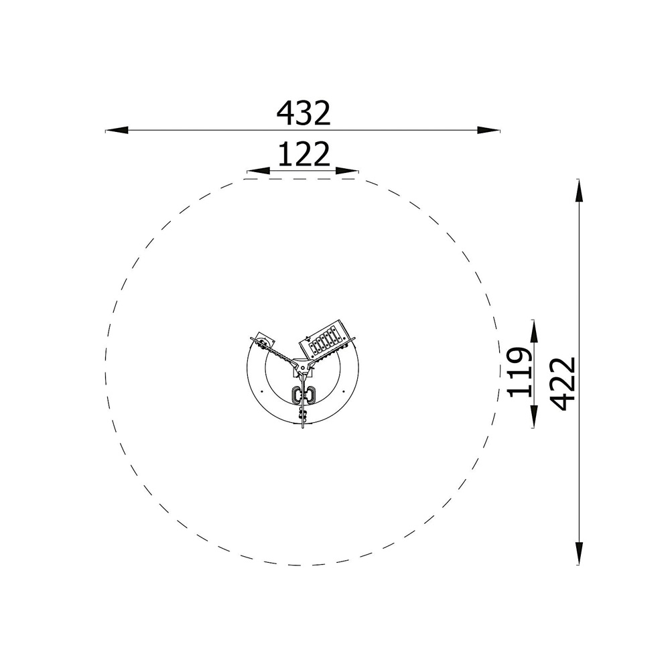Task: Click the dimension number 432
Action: coord(304,113)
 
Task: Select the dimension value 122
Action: coord(304,154)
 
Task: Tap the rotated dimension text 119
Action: coord(520,372)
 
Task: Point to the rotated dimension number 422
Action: coord(563,384)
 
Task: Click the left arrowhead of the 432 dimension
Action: coord(117,130)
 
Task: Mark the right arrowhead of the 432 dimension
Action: coord(488,130)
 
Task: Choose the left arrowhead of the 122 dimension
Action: coord(258,172)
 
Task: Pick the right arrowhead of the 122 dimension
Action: coord(347,172)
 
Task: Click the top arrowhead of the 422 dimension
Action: coord(579,190)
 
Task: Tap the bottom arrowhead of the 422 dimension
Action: coord(579,553)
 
